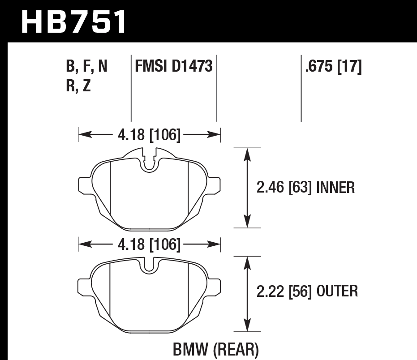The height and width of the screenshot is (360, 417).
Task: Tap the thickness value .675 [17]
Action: pos(333,67)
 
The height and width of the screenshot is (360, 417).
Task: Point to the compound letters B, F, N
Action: pos(86,67)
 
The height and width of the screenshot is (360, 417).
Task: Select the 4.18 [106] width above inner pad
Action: pos(150,135)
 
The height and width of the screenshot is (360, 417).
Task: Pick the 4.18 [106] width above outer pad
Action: pos(150,245)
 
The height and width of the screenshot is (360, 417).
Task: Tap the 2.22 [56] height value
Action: pos(284,291)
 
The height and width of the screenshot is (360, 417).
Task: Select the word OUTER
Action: pos(337,291)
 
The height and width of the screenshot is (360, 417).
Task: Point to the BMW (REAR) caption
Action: pos(216,348)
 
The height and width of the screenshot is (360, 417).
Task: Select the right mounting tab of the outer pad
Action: pos(215,286)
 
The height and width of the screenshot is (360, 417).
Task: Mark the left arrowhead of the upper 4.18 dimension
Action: pos(83,134)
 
